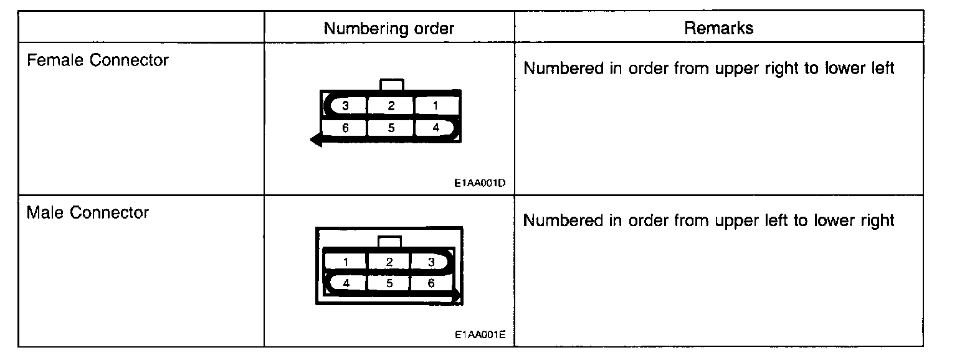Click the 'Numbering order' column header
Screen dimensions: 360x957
[389, 28]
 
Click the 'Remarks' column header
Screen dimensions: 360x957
[718, 28]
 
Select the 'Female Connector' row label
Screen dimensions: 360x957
[98, 60]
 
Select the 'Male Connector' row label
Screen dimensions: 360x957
[88, 213]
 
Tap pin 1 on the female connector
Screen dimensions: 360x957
[436, 106]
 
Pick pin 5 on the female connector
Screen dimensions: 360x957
[391, 128]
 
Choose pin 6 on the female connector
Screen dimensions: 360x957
[345, 128]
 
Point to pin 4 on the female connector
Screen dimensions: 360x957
[436, 128]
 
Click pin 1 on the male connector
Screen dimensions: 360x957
[345, 262]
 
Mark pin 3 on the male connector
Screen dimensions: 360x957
[431, 262]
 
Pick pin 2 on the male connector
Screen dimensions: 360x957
[389, 262]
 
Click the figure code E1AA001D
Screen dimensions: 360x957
[479, 184]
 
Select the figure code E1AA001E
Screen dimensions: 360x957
[479, 334]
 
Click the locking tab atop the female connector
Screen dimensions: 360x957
[391, 85]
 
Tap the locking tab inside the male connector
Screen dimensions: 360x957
[389, 242]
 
